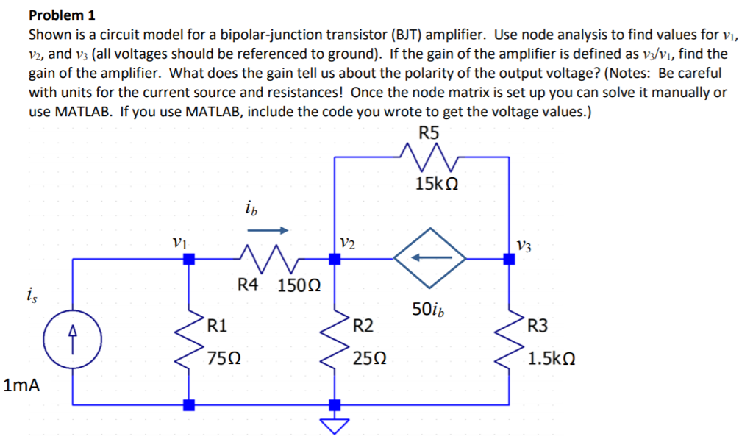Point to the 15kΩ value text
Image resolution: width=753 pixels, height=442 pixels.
click(x=437, y=185)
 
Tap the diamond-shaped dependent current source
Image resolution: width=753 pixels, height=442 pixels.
click(x=430, y=258)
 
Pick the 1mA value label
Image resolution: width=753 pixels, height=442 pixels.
click(x=22, y=385)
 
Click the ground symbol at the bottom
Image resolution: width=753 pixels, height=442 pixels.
click(x=335, y=424)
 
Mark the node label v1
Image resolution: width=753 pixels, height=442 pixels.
click(x=178, y=241)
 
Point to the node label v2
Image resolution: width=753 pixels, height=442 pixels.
click(x=348, y=242)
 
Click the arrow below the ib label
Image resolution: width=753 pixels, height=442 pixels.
click(x=268, y=230)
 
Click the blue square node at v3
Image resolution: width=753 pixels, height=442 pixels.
click(x=508, y=258)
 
